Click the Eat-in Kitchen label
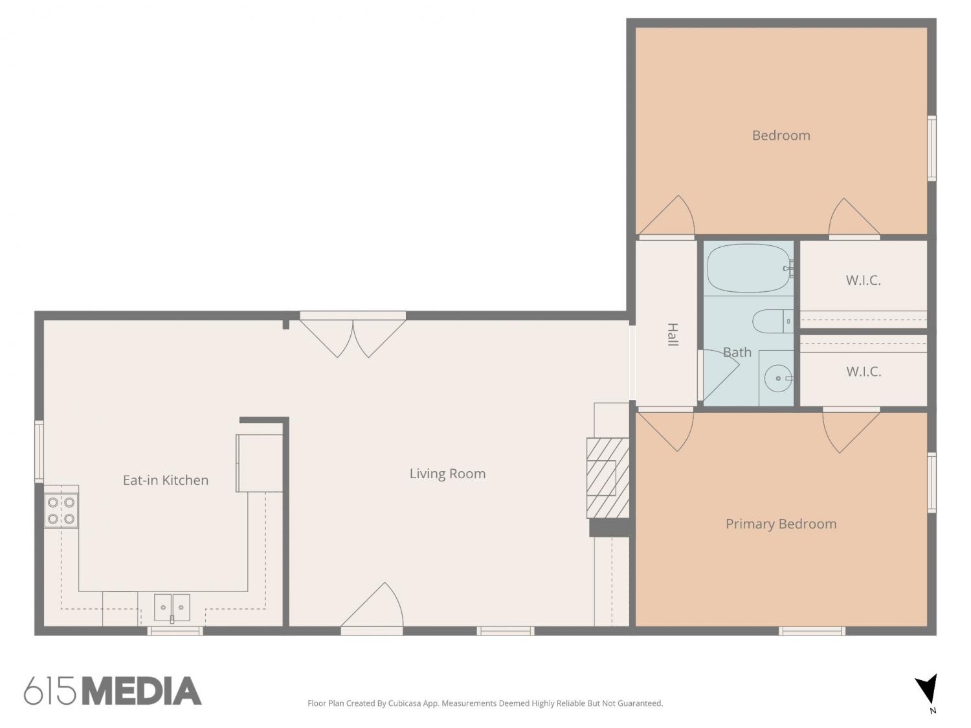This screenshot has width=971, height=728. click(x=166, y=480)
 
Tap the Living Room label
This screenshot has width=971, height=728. click(x=447, y=474)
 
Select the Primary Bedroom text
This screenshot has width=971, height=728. click(x=781, y=524)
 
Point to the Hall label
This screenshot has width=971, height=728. click(x=673, y=335)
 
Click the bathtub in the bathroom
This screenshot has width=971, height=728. click(x=748, y=269)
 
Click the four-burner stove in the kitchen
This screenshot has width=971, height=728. click(x=61, y=510)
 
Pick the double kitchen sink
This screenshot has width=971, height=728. click(x=172, y=608)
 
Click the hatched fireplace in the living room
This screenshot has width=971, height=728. click(x=607, y=478)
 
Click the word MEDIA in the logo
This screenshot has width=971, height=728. click(x=142, y=691)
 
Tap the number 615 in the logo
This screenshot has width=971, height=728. click(x=50, y=691)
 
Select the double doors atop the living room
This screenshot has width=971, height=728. click(x=353, y=336)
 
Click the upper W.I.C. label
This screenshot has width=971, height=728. click(x=863, y=280)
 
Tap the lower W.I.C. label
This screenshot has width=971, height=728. click(x=864, y=371)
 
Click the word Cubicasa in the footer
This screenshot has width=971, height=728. click(x=405, y=703)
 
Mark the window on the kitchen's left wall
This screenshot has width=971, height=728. click(x=39, y=451)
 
